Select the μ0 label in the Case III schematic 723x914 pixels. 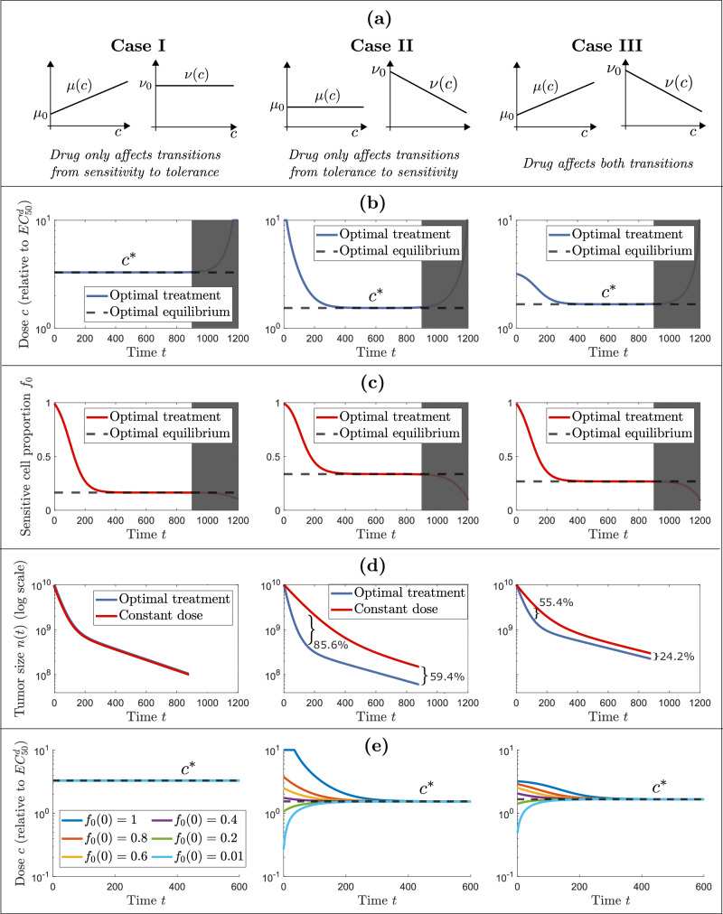504,114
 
